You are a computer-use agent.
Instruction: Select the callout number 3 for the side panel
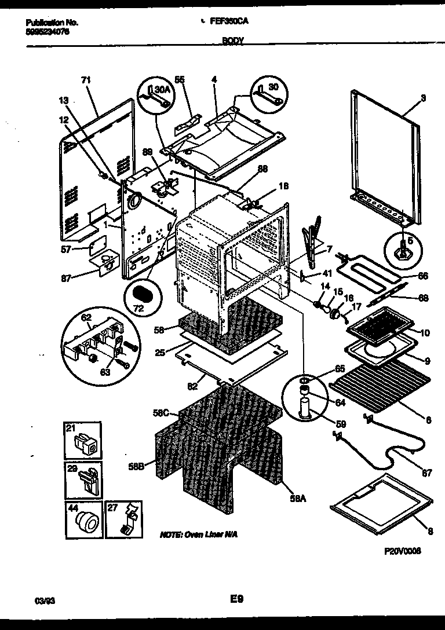tap(423, 98)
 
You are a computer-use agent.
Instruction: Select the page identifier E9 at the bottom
tap(235, 600)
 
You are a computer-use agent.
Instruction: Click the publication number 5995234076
tap(48, 32)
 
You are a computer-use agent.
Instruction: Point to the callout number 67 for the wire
tap(426, 473)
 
